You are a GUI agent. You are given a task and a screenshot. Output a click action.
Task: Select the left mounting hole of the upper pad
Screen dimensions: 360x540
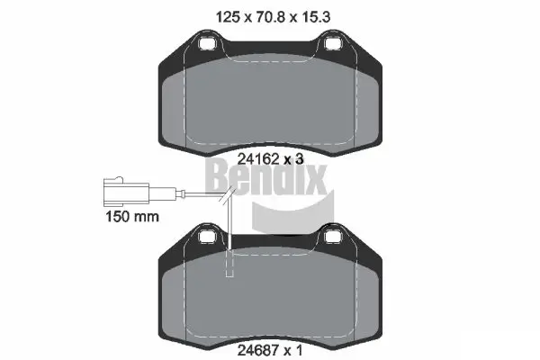[x=205, y=42]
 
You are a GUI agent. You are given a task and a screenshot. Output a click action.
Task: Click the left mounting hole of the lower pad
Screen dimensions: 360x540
[x=205, y=237]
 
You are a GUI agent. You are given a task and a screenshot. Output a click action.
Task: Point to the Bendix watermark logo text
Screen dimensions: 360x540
[x=269, y=176]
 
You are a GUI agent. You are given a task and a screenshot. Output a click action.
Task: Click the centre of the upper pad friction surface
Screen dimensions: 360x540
[x=269, y=99]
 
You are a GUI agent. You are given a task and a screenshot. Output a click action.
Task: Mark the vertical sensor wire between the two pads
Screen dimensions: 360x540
[x=230, y=220]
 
